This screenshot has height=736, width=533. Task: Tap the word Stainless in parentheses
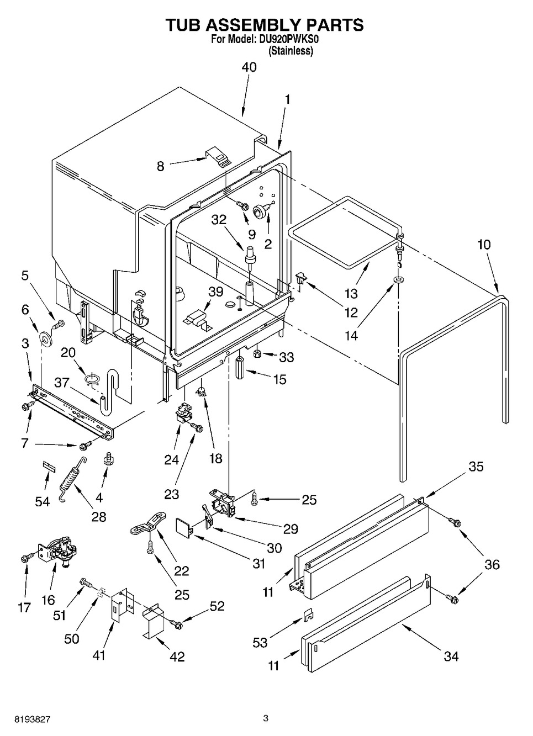[291, 51]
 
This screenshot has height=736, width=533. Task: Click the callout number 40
[249, 67]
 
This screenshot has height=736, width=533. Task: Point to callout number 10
[484, 245]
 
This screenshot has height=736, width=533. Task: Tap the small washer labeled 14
[398, 280]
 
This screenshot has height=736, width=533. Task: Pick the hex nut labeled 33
[257, 354]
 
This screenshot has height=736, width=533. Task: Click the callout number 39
[216, 292]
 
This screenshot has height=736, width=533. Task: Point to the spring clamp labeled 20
[92, 379]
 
